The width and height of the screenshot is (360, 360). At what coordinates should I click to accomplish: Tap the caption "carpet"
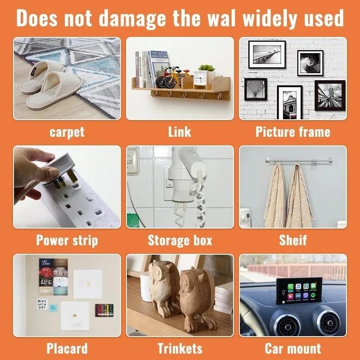67,132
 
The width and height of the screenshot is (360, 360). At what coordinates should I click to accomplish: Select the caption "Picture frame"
293,132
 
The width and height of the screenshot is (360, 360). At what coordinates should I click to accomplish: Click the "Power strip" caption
67,241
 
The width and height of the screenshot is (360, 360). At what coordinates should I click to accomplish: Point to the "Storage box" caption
180,240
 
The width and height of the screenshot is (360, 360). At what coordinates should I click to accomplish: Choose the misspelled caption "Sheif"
293,240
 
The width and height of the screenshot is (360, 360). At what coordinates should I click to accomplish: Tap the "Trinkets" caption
180,348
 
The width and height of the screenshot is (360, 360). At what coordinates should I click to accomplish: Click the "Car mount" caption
293,348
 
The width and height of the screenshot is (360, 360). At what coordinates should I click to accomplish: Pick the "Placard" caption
67,348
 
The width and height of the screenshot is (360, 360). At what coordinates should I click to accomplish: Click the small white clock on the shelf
200,80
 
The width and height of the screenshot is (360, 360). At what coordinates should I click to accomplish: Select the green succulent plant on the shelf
207,68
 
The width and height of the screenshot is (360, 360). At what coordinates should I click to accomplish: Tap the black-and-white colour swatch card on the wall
104,310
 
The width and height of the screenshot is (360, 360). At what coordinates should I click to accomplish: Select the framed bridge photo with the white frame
267,54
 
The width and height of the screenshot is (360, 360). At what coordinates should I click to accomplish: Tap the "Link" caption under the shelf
180,132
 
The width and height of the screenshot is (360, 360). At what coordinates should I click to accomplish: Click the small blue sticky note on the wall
53,307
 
